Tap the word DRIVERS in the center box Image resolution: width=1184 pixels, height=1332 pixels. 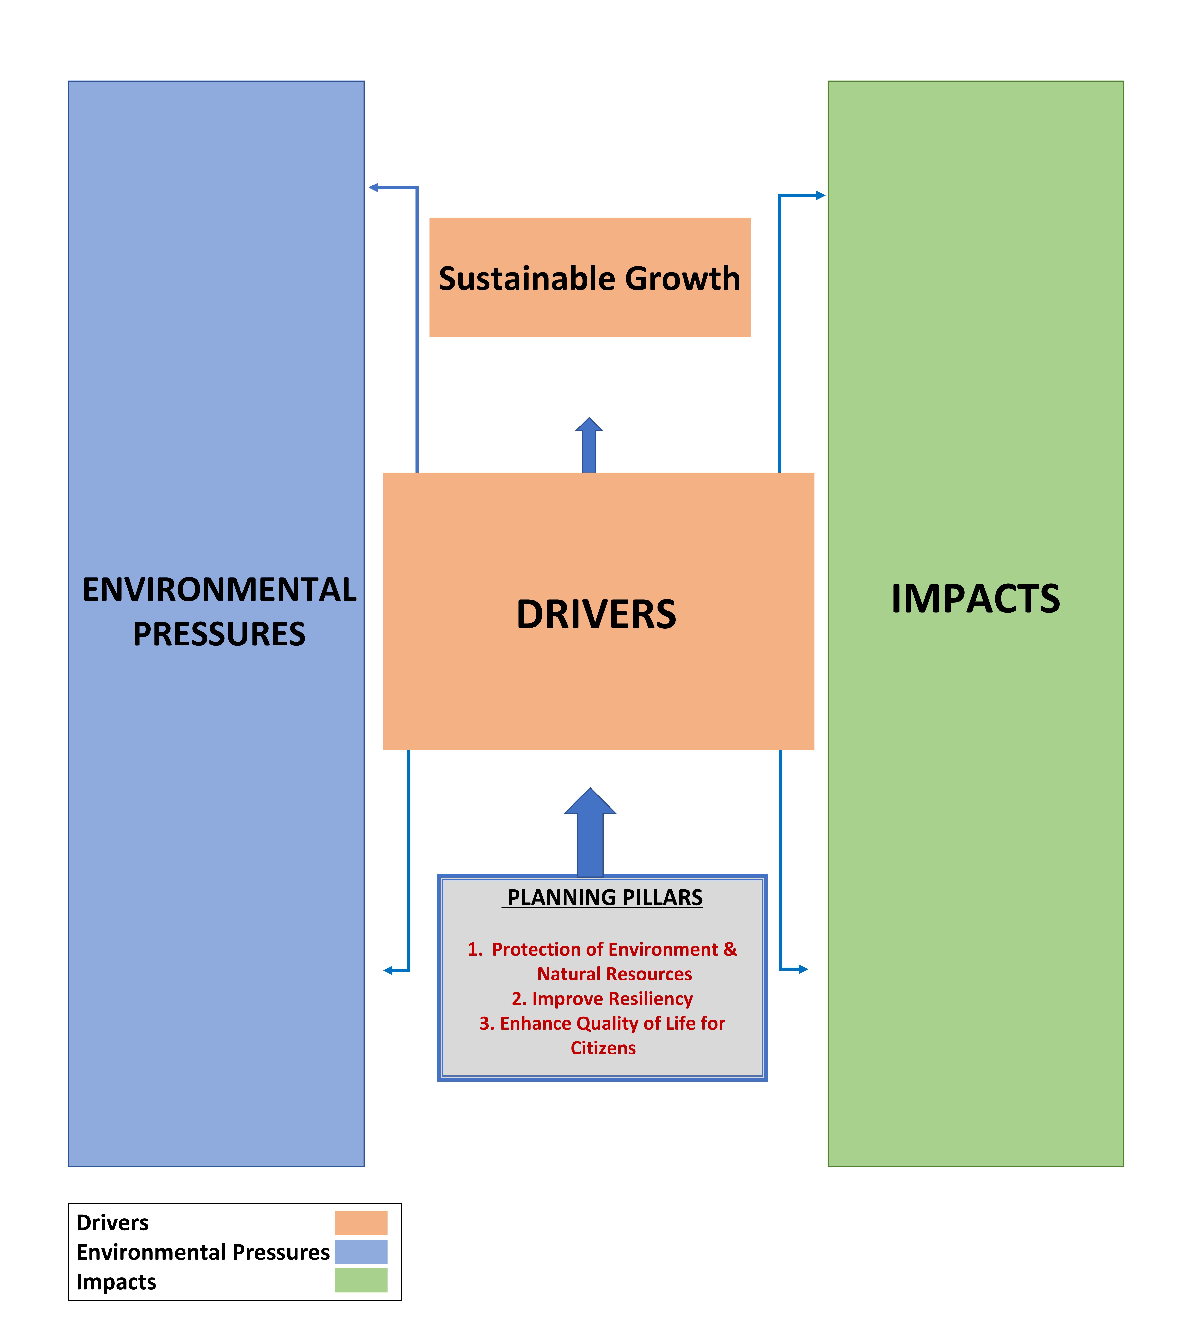[x=596, y=614]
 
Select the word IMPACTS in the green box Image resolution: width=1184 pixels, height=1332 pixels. [x=976, y=599]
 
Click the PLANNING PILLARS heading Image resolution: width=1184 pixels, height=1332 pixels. [x=605, y=897]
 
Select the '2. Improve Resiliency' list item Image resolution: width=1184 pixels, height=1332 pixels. [x=602, y=998]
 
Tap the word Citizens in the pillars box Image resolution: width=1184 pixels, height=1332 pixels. [x=603, y=1048]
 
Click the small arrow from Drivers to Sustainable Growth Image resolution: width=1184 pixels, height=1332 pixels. [x=589, y=446]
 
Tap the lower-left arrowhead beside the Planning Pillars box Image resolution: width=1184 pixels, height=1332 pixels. [x=388, y=970]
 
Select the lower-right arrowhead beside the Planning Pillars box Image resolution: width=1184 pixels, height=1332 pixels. [x=803, y=969]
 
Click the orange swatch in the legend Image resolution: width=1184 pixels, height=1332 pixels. [x=361, y=1222]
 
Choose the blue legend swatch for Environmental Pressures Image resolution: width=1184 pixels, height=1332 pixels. [x=361, y=1252]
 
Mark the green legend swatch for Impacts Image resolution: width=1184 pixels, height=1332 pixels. [x=361, y=1280]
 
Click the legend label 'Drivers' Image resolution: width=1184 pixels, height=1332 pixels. [x=112, y=1222]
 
